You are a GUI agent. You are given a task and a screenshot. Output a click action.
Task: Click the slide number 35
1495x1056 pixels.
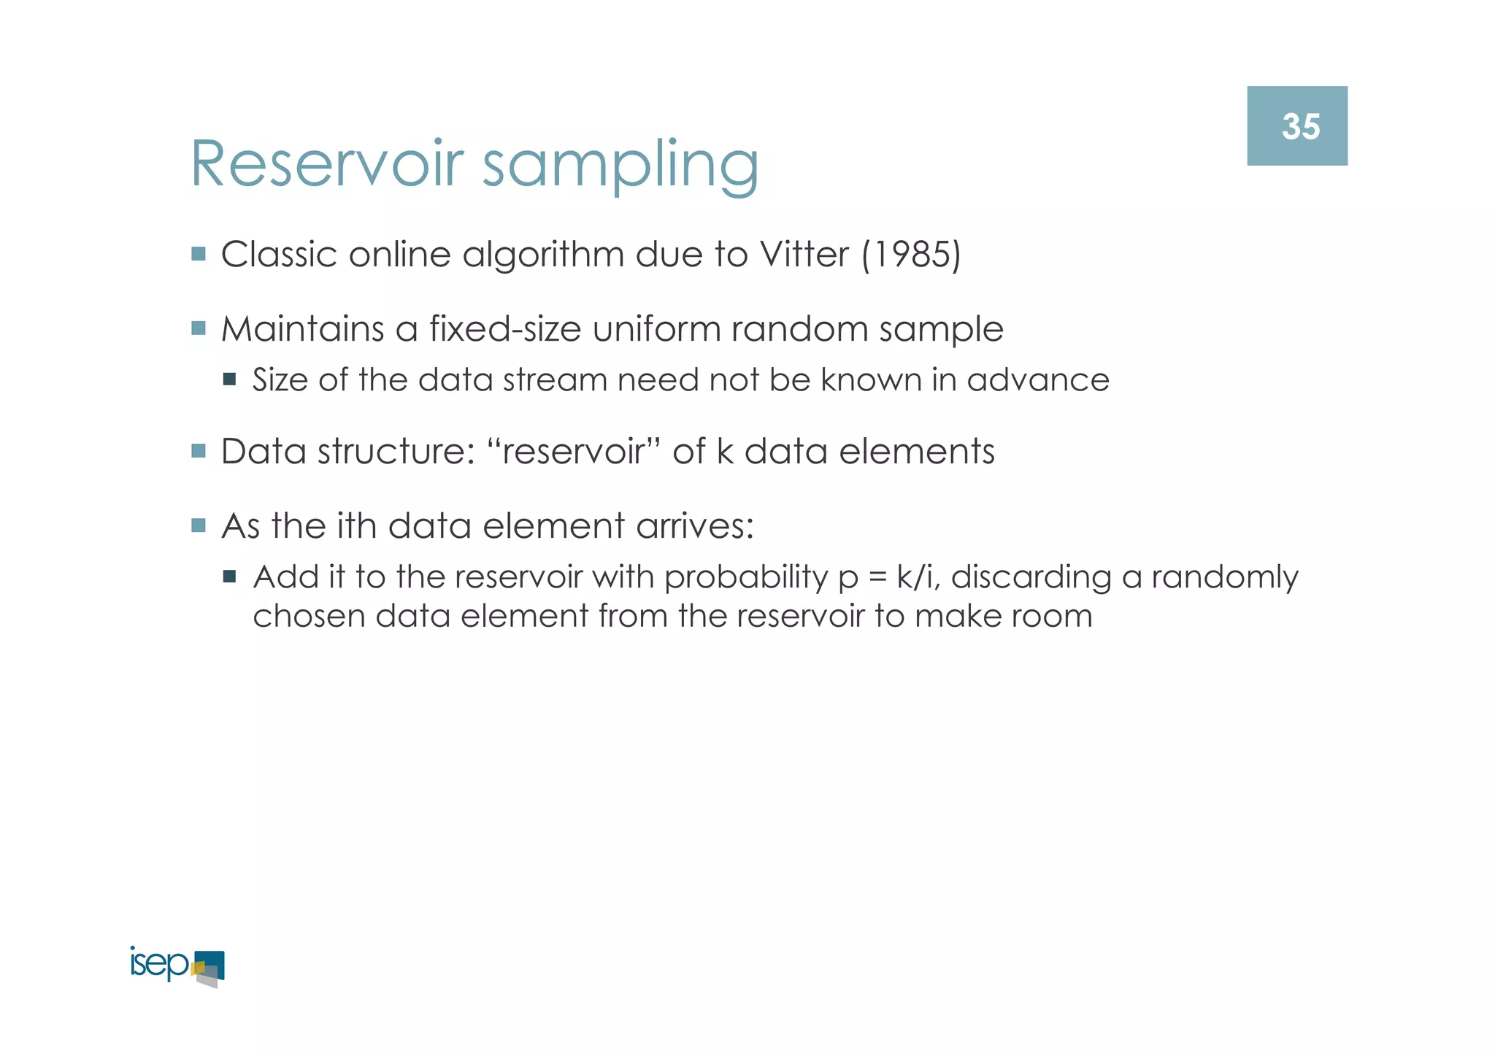click(1300, 126)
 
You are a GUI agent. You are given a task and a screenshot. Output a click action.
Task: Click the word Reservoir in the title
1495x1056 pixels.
click(327, 164)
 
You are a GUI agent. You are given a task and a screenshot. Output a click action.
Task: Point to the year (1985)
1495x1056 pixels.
click(912, 255)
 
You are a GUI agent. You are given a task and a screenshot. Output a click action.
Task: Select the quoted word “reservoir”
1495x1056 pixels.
click(573, 451)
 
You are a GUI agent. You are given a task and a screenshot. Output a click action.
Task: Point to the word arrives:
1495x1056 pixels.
click(694, 525)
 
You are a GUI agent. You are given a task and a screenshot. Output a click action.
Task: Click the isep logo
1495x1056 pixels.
click(177, 966)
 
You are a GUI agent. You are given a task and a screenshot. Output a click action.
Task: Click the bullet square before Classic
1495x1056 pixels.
click(199, 254)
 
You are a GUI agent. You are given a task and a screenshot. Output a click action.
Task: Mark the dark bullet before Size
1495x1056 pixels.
click(230, 379)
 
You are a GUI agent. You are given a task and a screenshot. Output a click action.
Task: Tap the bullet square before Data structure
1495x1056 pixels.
click(199, 450)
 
